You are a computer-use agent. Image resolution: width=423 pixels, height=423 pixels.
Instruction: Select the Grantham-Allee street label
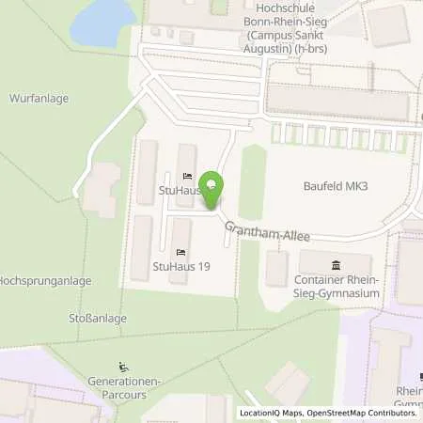point(266,231)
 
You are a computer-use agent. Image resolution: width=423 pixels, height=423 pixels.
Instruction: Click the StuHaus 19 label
point(180,267)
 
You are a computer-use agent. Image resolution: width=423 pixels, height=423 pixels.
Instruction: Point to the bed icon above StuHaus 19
point(180,251)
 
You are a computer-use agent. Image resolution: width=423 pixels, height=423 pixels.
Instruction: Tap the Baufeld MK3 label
point(335,186)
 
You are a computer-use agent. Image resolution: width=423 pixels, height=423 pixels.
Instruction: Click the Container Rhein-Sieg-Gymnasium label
point(338,287)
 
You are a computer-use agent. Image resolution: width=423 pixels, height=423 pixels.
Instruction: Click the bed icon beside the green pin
point(187,176)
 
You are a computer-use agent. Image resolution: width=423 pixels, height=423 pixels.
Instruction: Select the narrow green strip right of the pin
point(249,179)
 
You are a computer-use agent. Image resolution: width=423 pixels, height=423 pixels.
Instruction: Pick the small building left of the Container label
point(276,269)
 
